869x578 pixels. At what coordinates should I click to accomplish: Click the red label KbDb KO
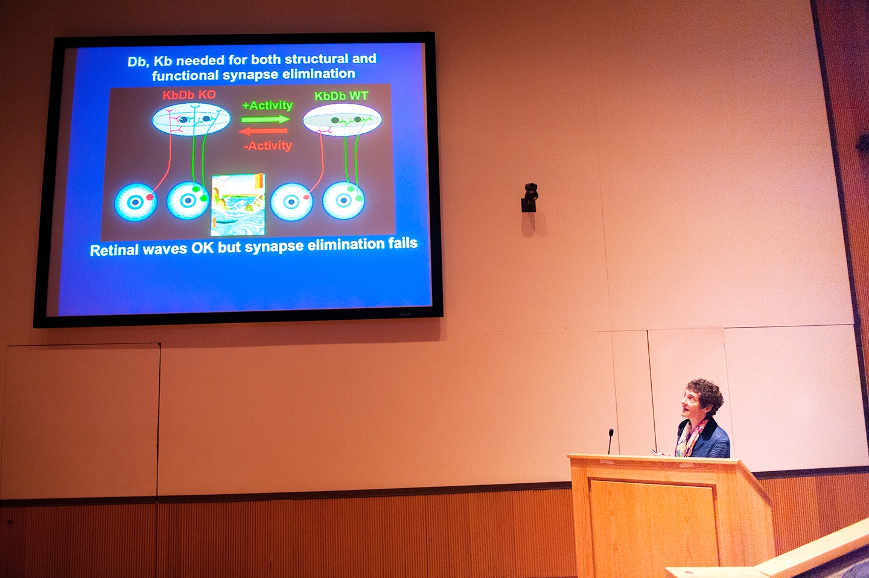pos(189,95)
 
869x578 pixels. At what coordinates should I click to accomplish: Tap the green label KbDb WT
pos(341,96)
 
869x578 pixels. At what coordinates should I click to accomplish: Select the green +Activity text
pos(267,105)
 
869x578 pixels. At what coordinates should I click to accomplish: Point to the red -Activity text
pos(268,145)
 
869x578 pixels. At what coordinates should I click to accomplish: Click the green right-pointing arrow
pos(266,119)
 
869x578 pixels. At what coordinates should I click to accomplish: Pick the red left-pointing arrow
pos(263,132)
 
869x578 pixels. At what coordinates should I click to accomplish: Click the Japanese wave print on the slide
pos(238,205)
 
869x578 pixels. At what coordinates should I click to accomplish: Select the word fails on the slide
pos(403,243)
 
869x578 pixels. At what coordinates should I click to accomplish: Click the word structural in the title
pos(307,59)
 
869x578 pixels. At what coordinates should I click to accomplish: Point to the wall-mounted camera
pos(530,197)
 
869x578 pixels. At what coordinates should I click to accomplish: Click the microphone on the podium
pos(610,441)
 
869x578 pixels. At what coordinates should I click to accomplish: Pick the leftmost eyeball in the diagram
pos(135,202)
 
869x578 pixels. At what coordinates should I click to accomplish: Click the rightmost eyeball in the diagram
pos(343,200)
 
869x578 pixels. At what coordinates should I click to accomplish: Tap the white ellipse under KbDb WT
pos(342,120)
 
